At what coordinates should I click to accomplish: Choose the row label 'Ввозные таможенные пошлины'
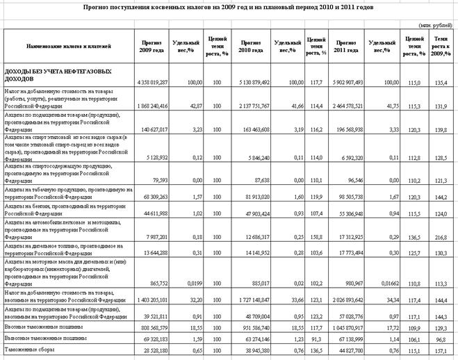[42, 327]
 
